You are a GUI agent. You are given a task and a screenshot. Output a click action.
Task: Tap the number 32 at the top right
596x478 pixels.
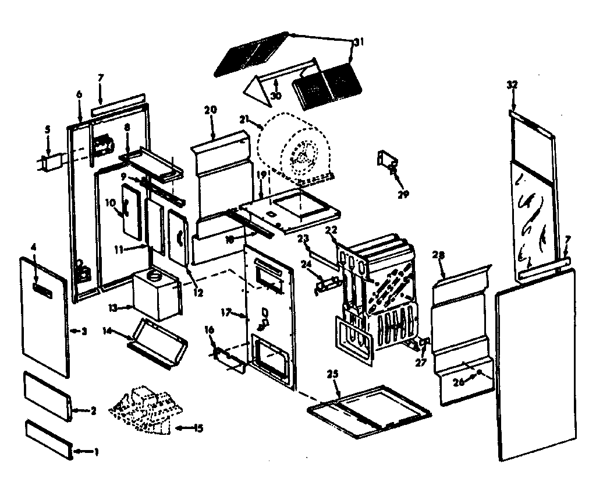click(512, 85)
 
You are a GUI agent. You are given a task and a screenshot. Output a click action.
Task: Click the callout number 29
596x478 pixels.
click(401, 194)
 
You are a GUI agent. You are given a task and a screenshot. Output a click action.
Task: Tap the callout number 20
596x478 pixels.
click(211, 109)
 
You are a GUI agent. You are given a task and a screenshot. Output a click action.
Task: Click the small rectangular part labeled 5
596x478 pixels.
click(53, 160)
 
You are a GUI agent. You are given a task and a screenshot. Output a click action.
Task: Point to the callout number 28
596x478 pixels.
click(440, 255)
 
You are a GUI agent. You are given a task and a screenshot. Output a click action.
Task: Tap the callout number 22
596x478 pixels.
click(332, 231)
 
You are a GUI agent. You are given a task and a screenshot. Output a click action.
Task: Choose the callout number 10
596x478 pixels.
click(111, 202)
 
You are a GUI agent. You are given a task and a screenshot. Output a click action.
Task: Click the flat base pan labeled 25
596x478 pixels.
click(370, 411)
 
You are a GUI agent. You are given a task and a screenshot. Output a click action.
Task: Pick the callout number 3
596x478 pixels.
click(83, 331)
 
